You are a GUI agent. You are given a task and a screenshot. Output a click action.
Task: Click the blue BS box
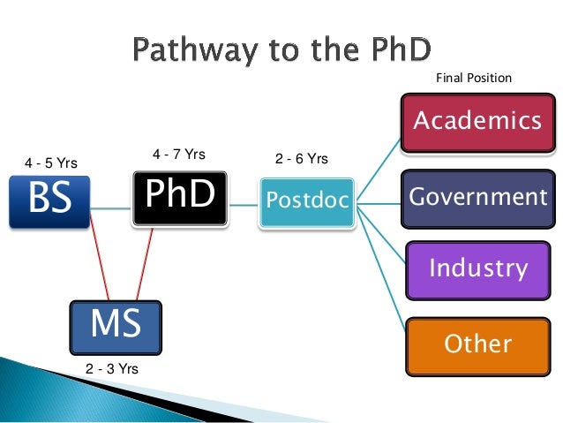49,201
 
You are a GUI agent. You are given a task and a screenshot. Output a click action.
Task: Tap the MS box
116,324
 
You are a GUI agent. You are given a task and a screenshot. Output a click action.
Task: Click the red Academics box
477,120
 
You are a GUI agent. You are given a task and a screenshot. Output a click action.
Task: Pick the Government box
477,195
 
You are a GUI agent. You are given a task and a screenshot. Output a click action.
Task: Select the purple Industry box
477,268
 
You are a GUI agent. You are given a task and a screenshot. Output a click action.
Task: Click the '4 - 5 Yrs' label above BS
51,162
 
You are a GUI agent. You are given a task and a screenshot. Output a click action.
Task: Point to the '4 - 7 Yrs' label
178,155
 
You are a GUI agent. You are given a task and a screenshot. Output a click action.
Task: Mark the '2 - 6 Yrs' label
302,159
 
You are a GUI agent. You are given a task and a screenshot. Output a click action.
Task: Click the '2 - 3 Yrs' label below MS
112,368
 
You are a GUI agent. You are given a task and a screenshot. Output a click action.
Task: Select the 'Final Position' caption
474,78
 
